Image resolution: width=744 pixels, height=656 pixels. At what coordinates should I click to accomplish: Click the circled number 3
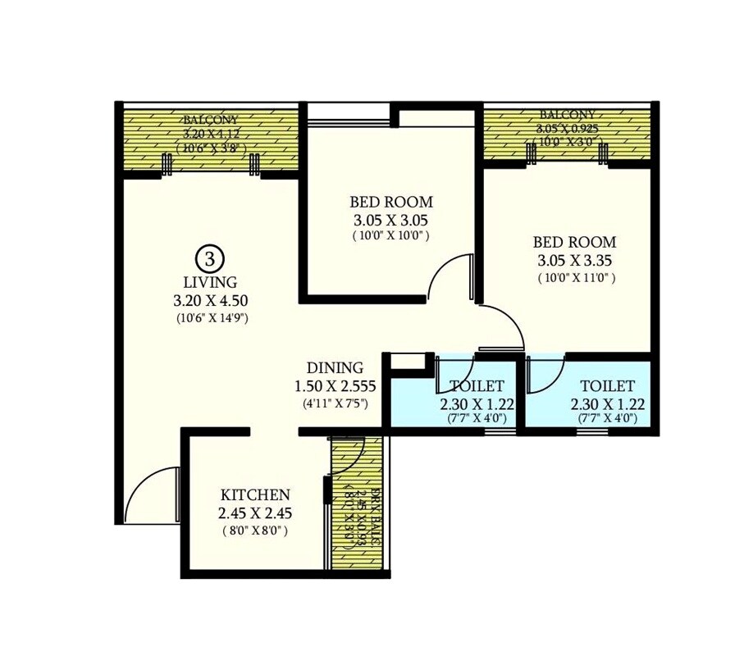[210, 259]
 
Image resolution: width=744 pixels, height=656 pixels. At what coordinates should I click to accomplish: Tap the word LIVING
[210, 283]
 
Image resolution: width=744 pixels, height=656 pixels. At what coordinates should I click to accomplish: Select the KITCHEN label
[255, 495]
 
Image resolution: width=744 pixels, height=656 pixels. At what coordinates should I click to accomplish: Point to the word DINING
[335, 368]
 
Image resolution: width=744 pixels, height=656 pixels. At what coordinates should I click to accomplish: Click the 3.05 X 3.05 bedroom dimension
[391, 220]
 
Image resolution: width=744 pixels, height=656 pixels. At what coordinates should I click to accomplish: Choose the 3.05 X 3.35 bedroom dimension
[574, 261]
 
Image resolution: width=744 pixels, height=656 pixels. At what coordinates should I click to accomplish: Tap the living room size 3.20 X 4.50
[211, 301]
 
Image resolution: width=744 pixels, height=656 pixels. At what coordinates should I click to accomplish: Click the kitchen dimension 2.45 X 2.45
[255, 513]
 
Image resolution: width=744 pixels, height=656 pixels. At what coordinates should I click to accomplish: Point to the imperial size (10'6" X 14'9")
[211, 317]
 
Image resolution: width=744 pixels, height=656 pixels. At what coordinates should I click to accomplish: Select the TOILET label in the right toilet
[607, 386]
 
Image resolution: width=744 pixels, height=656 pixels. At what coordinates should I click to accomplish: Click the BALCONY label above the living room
[211, 120]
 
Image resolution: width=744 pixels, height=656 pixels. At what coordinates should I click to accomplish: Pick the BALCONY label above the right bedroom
[567, 115]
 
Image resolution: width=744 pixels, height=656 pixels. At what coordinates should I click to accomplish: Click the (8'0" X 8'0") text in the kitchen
[255, 531]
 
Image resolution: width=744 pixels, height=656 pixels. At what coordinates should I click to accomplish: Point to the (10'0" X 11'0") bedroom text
[574, 278]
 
